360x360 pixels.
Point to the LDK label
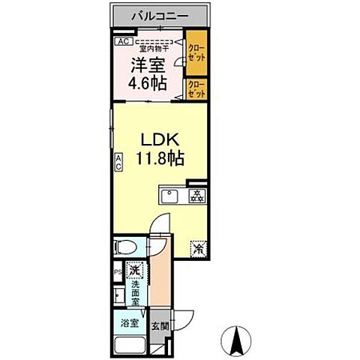tap(158, 140)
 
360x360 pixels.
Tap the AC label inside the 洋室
tap(121, 43)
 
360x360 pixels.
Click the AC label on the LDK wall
tap(118, 163)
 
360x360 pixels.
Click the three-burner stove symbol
tap(197, 197)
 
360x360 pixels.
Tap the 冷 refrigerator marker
tap(198, 248)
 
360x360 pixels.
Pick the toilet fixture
tap(127, 246)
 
